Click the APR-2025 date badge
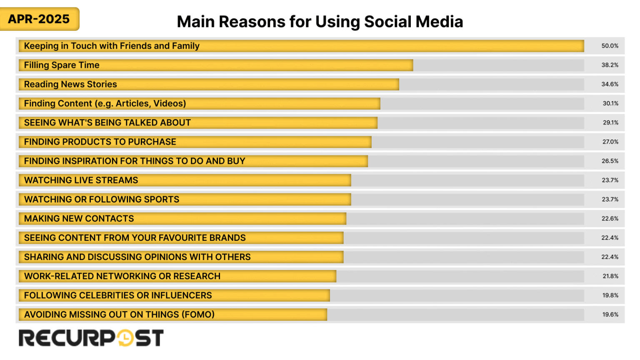(39, 19)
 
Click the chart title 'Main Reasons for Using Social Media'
(320, 22)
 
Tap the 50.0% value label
(610, 46)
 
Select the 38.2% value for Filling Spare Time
(610, 65)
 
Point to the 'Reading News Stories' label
(70, 84)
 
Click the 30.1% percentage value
(610, 103)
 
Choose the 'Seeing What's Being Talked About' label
(107, 122)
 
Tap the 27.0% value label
(610, 142)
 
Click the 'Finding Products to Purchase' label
(100, 142)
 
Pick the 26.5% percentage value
(610, 161)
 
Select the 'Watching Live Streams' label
(81, 180)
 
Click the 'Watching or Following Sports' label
(102, 199)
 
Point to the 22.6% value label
(610, 218)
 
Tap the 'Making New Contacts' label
(79, 218)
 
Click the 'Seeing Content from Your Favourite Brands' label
(135, 237)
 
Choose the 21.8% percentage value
(610, 276)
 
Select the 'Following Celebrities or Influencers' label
(118, 295)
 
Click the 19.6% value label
(610, 315)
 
